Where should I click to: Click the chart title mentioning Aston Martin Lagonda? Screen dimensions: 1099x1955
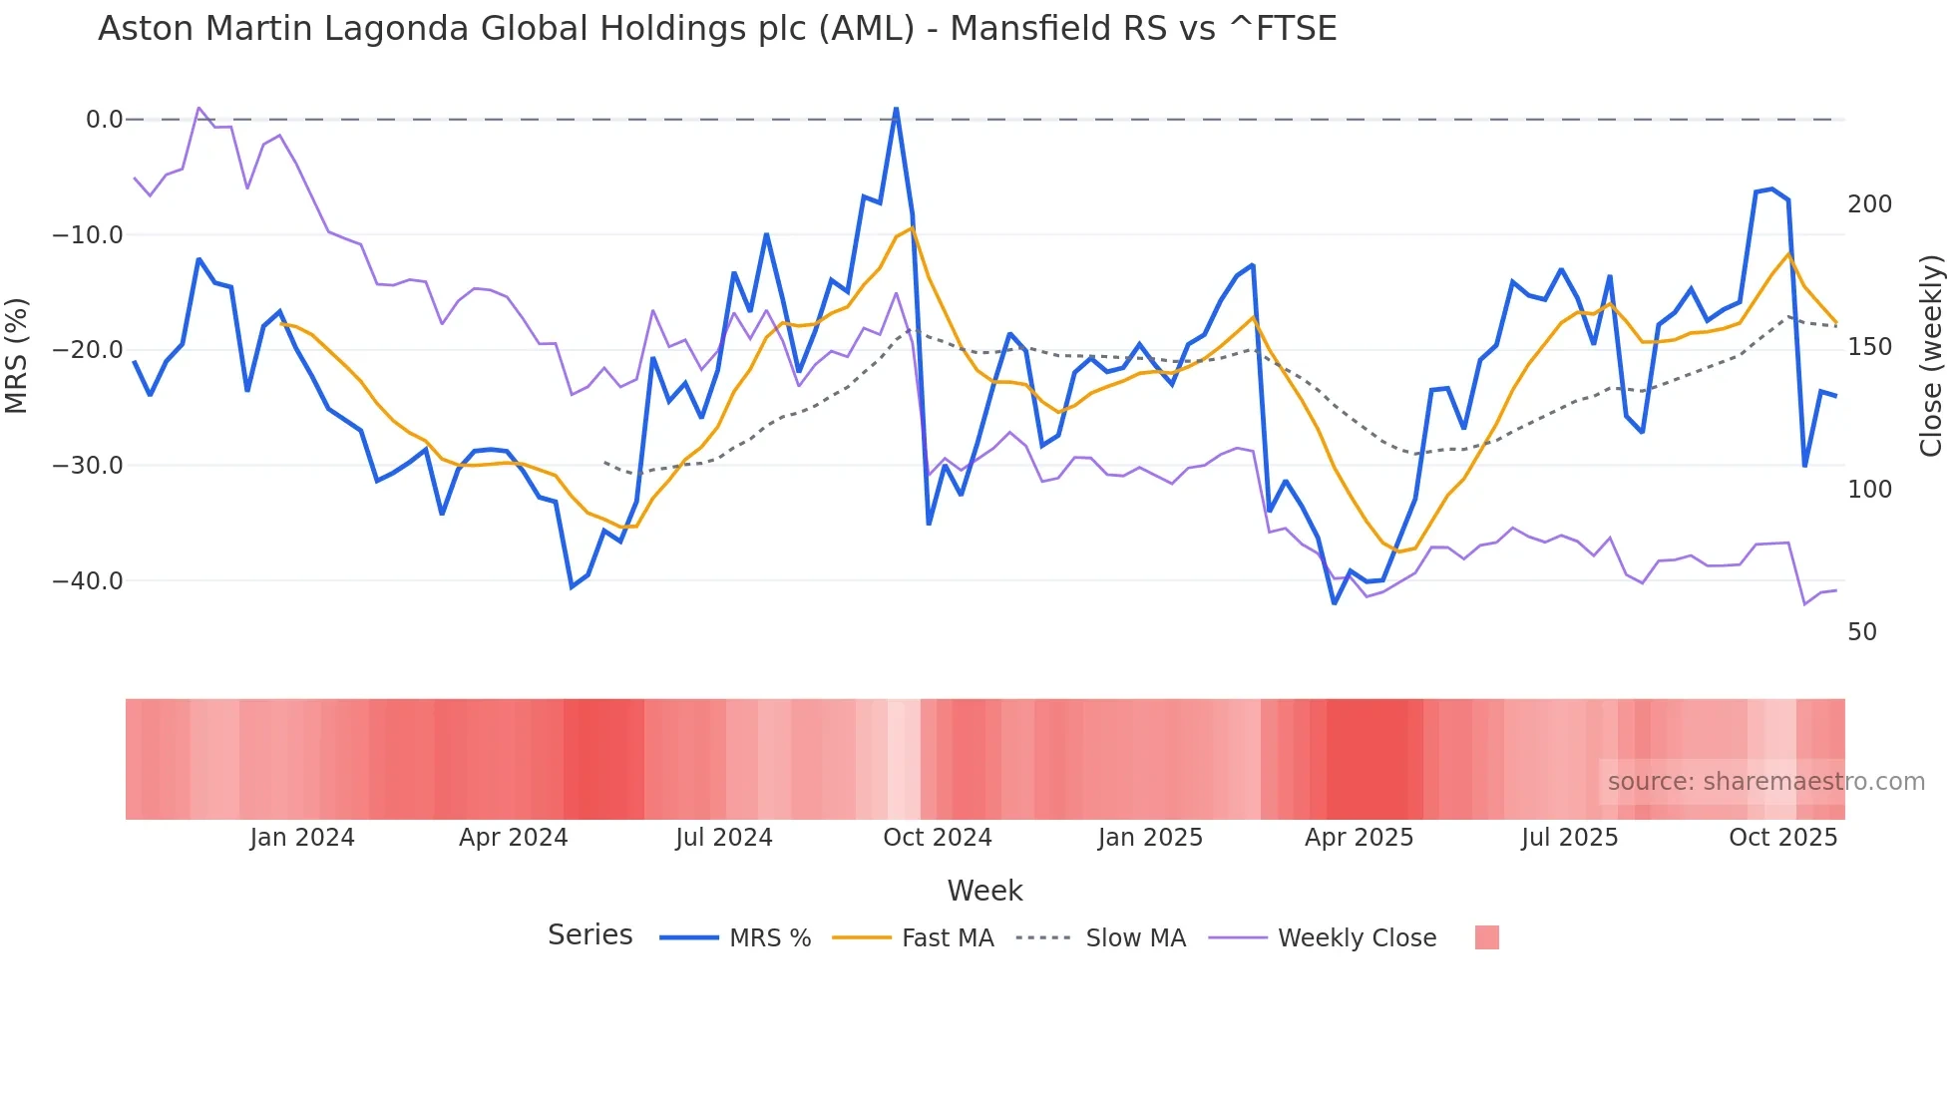(716, 29)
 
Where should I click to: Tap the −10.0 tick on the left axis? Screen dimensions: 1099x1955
(88, 235)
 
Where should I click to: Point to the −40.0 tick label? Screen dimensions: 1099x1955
(88, 580)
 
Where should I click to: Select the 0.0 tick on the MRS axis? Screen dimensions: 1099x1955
(104, 120)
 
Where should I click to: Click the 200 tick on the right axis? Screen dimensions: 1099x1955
(1869, 204)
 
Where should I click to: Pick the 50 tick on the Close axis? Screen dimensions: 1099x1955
(1862, 632)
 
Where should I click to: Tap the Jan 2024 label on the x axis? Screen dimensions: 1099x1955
(302, 838)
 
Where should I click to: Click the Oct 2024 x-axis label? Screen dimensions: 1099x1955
(938, 838)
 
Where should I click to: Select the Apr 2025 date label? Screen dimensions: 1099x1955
(1359, 838)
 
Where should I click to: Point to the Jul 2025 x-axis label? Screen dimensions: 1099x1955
(1569, 838)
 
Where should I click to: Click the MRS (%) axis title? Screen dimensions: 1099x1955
(17, 356)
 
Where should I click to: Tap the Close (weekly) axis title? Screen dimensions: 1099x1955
(1931, 356)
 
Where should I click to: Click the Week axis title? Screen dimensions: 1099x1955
(984, 891)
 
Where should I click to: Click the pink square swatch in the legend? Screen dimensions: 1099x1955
(1486, 937)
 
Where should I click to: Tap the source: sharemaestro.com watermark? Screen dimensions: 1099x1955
(1765, 782)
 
